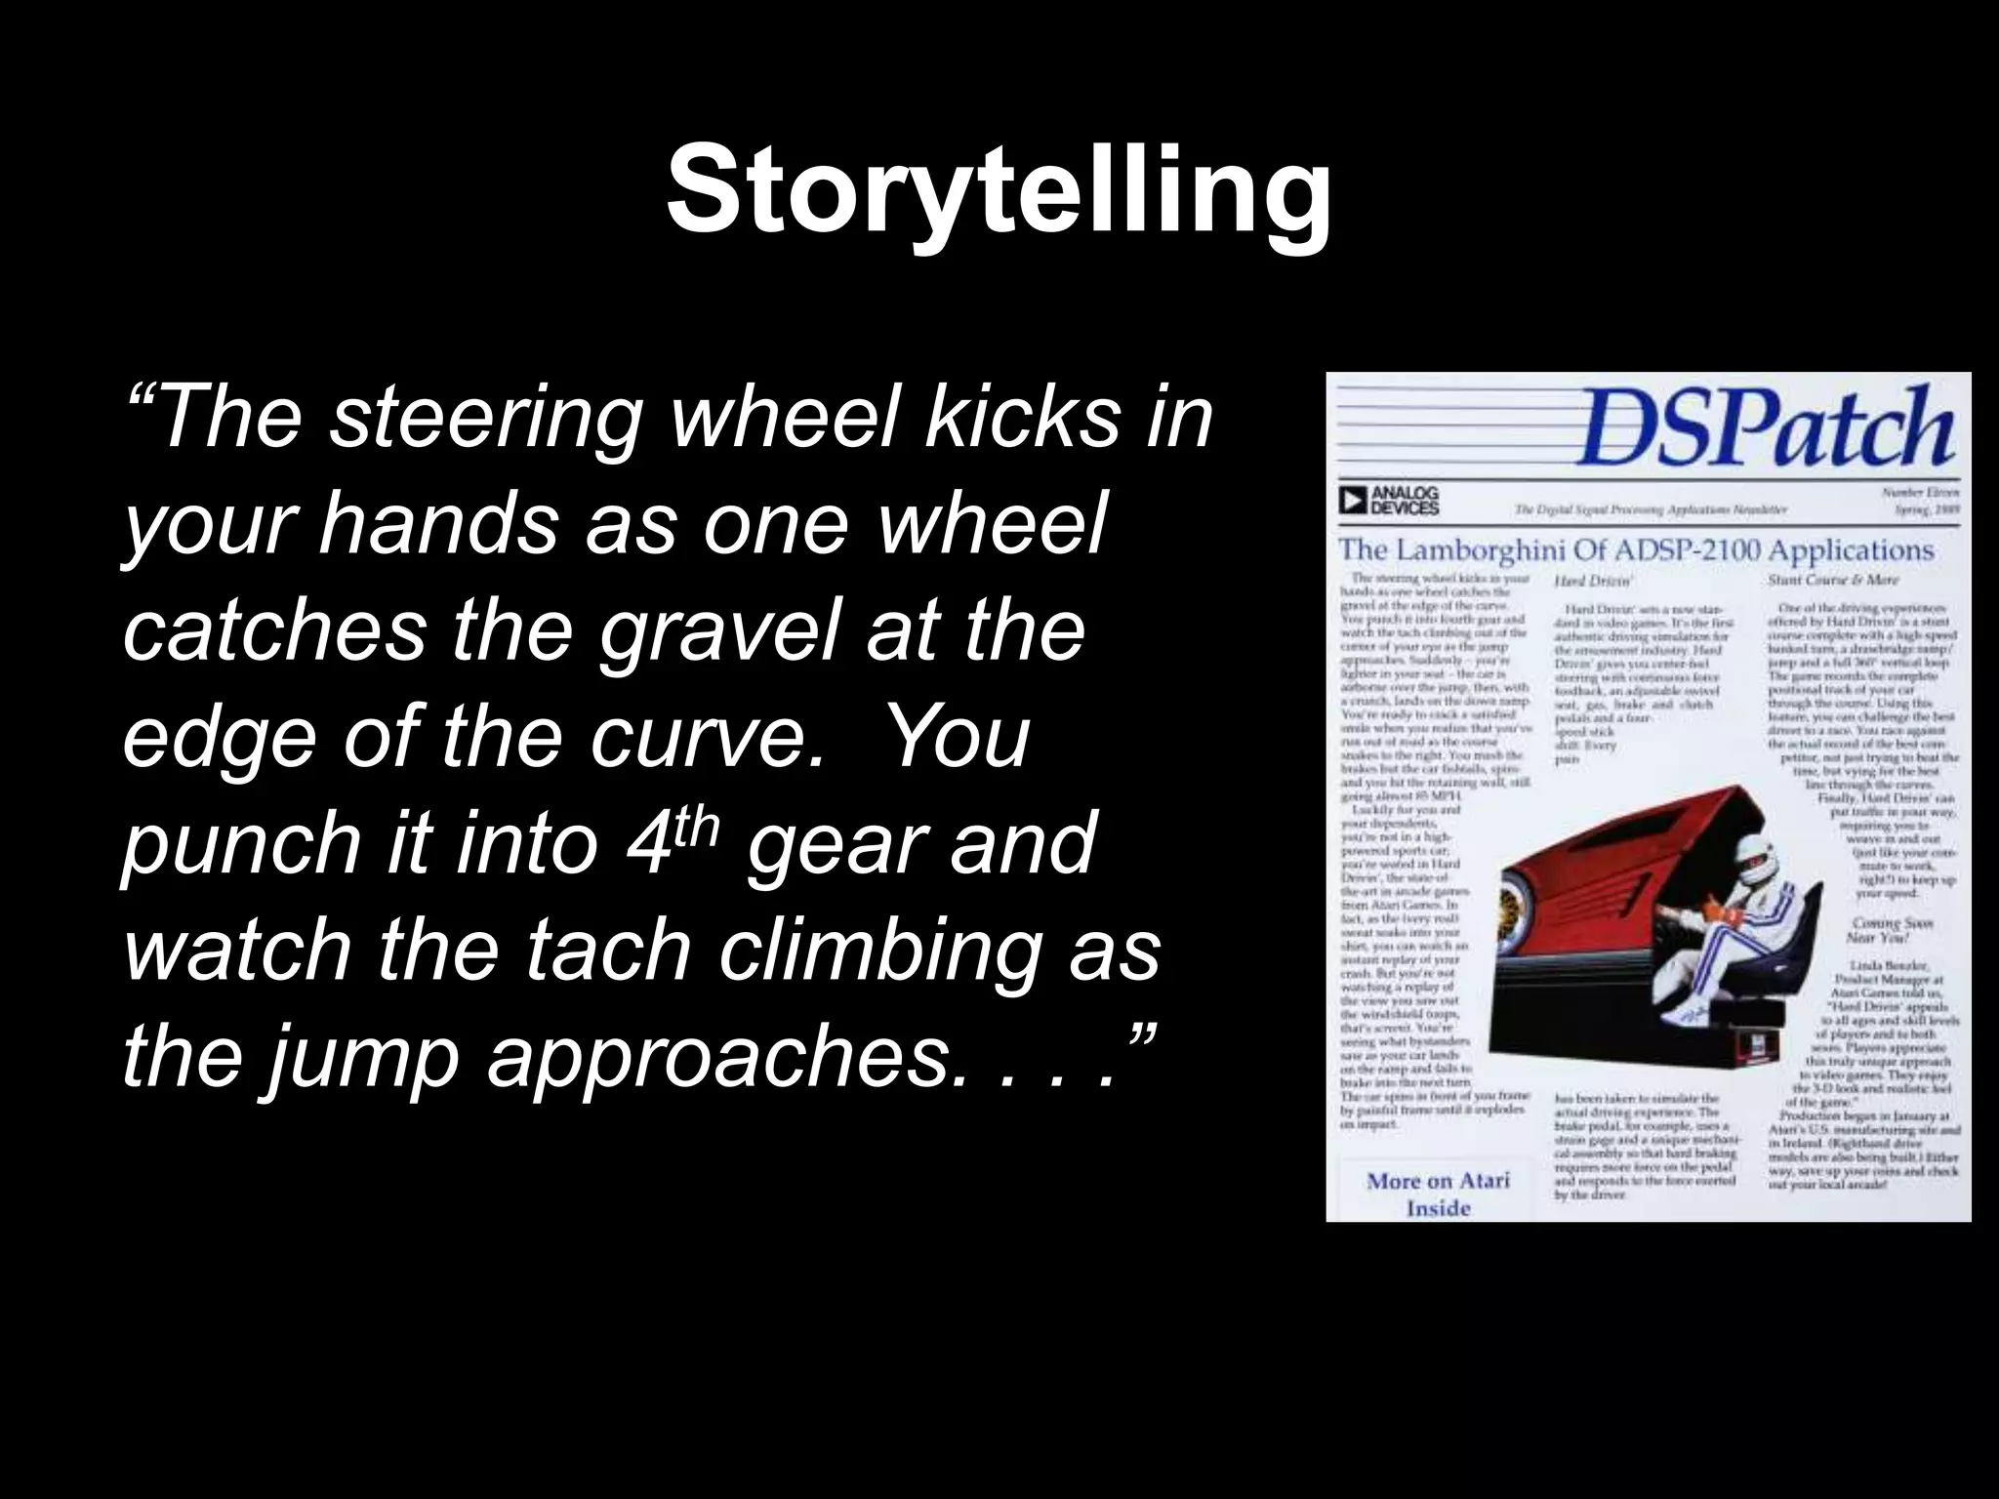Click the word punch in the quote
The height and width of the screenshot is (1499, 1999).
pos(240,845)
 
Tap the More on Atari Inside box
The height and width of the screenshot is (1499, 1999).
pos(1437,1193)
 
